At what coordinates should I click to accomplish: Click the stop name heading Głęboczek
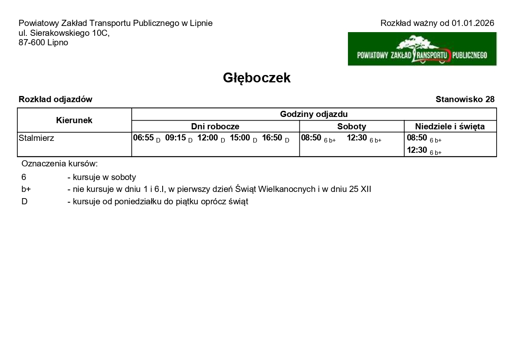[x=257, y=78]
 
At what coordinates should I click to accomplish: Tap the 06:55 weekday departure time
[x=143, y=138]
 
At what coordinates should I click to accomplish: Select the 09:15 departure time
[x=175, y=138]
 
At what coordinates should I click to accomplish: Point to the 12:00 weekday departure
[x=208, y=138]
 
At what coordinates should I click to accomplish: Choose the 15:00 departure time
[x=240, y=138]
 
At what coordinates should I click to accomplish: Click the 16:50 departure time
[x=272, y=138]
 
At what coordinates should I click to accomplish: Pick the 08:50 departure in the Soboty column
[x=311, y=138]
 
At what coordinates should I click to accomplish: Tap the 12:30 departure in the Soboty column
[x=357, y=138]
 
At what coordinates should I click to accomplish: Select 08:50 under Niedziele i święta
[x=417, y=138]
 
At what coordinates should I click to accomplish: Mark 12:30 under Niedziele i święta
[x=417, y=150]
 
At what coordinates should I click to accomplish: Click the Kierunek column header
[x=74, y=120]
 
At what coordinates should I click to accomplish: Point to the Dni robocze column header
[x=215, y=126]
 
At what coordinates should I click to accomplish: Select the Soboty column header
[x=352, y=126]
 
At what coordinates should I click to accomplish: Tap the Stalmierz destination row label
[x=36, y=138]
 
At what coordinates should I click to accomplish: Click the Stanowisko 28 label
[x=465, y=99]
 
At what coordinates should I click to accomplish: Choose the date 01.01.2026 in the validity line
[x=473, y=23]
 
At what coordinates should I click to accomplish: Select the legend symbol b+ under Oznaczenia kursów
[x=26, y=189]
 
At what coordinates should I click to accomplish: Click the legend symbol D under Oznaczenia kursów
[x=24, y=202]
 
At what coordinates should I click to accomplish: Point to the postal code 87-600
[x=32, y=42]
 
